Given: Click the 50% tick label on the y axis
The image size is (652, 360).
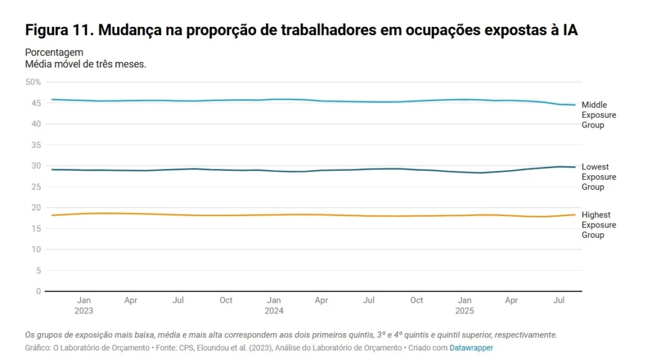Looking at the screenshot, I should [x=33, y=82].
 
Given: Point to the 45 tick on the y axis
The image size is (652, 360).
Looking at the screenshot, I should [x=36, y=103].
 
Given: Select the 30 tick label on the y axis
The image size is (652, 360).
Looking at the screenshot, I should [x=36, y=166].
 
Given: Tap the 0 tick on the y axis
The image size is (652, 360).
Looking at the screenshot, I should [x=38, y=291].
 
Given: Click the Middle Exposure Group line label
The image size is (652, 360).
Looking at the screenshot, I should [x=599, y=115].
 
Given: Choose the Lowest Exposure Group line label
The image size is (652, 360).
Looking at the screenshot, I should [x=599, y=177].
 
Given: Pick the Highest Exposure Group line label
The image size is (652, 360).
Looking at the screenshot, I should [x=599, y=225].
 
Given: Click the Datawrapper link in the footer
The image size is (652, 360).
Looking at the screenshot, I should [x=471, y=348].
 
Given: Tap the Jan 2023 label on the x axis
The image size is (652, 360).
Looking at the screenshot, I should [x=83, y=305].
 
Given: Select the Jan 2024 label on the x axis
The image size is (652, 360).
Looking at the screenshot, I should [x=274, y=305].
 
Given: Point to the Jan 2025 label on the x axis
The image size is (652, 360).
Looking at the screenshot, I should [x=464, y=305].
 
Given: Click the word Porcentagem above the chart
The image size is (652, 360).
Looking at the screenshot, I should [x=54, y=52].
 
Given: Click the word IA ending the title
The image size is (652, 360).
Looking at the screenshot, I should [x=570, y=31].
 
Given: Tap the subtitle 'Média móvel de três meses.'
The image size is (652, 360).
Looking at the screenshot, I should [x=86, y=64].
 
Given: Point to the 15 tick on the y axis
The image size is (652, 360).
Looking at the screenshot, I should [x=36, y=229].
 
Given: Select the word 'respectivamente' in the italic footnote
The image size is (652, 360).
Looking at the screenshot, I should [x=525, y=335].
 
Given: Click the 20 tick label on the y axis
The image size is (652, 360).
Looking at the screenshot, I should [x=36, y=208].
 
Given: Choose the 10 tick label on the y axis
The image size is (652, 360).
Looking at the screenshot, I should [x=36, y=249].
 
